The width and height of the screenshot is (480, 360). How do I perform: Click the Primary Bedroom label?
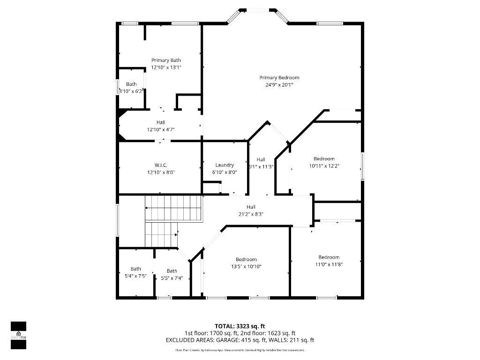click(x=279, y=78)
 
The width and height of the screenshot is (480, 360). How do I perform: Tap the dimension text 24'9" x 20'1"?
click(x=279, y=85)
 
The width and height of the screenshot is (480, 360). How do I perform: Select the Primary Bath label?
click(x=166, y=60)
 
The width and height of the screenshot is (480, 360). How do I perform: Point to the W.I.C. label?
click(x=161, y=165)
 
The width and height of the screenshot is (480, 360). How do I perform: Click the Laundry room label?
click(x=225, y=165)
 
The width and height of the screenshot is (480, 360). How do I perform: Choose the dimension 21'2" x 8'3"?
click(x=251, y=214)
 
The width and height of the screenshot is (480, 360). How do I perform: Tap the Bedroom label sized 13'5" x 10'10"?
click(x=246, y=260)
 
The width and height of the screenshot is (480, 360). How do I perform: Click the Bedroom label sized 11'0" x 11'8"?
click(x=329, y=257)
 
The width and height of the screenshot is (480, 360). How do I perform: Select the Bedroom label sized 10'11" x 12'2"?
click(x=324, y=159)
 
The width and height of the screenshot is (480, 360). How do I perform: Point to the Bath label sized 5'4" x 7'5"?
click(x=135, y=269)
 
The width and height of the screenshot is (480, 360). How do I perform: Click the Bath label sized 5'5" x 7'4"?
click(x=172, y=271)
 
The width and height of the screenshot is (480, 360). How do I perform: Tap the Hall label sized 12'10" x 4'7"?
click(x=161, y=122)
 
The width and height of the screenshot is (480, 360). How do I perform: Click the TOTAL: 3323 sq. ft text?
click(x=240, y=326)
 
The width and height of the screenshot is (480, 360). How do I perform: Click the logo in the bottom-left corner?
click(x=18, y=336)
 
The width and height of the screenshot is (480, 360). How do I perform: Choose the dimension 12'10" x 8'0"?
click(x=161, y=172)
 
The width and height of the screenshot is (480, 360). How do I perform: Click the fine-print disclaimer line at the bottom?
click(x=240, y=350)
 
